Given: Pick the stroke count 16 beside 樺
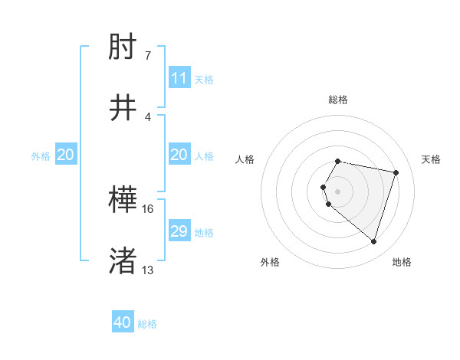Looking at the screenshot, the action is [x=148, y=208].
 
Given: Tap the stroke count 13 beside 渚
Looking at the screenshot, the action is [x=148, y=270].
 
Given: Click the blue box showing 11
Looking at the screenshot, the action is [x=179, y=78].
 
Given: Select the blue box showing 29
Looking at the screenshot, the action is [x=179, y=231].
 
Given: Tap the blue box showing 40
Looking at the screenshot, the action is [x=123, y=323].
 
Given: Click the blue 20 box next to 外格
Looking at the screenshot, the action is [x=66, y=155].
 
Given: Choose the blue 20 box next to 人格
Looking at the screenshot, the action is [x=179, y=155].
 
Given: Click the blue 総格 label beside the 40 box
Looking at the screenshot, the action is [x=148, y=324].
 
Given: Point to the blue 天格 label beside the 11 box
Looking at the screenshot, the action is [x=204, y=79].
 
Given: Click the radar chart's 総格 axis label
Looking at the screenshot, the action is [x=338, y=100].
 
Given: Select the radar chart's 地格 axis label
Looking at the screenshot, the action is [x=402, y=262].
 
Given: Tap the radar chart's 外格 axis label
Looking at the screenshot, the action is [x=270, y=262].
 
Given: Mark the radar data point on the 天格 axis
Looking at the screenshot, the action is [x=396, y=172].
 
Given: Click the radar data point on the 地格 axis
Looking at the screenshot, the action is [x=373, y=242].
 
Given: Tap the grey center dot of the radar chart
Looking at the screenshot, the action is [x=338, y=191].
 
